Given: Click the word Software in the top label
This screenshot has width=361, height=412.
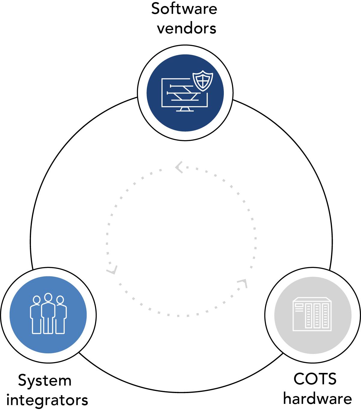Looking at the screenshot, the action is point(184,9).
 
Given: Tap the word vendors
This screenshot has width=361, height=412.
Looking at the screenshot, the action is point(187,28).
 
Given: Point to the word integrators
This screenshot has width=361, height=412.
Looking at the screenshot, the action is point(47,400).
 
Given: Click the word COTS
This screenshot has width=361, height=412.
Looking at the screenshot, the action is point(315,379).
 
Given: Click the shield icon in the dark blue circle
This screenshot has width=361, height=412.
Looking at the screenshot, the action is point(203,81).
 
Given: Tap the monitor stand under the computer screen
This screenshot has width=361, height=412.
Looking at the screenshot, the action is point(185,109).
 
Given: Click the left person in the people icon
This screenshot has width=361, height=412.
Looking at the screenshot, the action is point(36,315).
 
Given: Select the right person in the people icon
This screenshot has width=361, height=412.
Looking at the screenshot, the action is point(61,315).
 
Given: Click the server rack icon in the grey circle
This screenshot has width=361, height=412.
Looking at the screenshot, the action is point(312,314).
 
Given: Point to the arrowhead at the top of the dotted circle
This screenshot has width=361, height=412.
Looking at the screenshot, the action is point(179,167).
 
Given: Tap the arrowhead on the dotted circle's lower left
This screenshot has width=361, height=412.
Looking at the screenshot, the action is point(112,270).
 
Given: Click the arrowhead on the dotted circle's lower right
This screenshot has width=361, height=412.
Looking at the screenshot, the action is point(242,283).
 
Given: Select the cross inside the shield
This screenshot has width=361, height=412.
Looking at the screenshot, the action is point(203,80).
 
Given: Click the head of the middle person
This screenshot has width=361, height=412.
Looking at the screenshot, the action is point(48,297).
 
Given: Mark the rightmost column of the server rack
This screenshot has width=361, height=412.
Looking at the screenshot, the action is point(326,316).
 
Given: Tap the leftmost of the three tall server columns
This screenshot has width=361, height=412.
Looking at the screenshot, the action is point(308,316).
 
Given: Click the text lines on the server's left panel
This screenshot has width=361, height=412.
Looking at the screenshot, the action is point(299,307).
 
